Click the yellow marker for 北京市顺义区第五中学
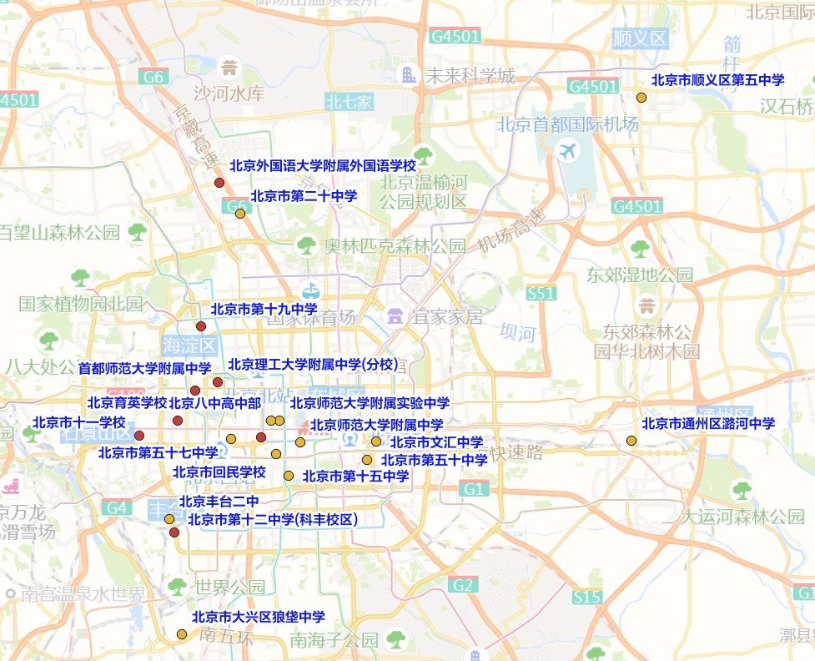pos(641,98)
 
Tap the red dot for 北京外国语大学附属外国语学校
pos(219,183)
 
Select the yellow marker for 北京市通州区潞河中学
pos(631,441)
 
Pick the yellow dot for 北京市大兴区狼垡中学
pos(181,634)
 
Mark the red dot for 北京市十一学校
pos(139,435)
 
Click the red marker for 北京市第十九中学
pos(200,325)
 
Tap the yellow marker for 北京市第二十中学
pos(240,213)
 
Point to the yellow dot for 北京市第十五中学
pos(289,476)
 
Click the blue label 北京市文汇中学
pos(436,442)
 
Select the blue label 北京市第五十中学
pos(434,460)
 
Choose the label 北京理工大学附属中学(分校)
pos(314,365)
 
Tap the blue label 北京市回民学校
pos(219,472)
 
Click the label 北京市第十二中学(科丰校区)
pos(272,519)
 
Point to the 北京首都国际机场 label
pos(567,124)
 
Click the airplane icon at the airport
pos(569,152)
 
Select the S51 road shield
pos(541,293)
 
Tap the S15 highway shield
pos(587,597)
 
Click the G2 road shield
pos(463,585)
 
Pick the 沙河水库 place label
pos(229,93)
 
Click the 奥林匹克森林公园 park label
pos(395,245)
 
